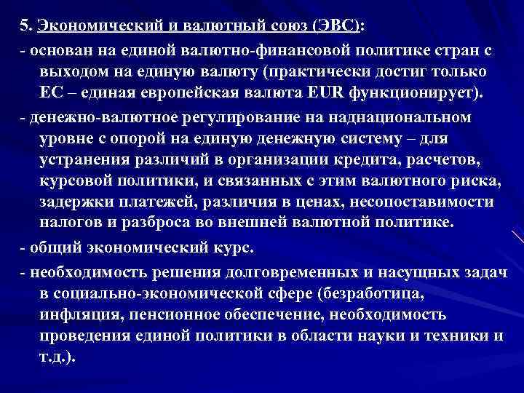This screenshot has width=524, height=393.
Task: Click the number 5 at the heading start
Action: [25, 26]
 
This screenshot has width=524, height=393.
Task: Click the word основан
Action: [57, 49]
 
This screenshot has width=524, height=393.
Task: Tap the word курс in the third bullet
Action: [235, 247]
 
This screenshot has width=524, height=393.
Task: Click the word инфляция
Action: [75, 315]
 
